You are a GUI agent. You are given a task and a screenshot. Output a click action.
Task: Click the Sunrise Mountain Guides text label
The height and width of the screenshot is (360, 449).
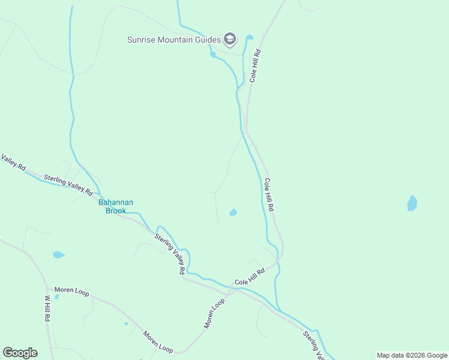point(173,40)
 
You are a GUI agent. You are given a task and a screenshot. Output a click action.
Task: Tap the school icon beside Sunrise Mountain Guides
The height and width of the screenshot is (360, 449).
point(229,40)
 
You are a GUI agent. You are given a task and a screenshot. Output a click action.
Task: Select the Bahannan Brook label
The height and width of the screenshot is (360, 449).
point(116,206)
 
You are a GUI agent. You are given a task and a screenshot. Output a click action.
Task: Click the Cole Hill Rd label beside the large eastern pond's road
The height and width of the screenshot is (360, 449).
point(269,194)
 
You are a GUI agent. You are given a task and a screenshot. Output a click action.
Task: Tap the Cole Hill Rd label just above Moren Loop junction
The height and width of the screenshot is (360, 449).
point(249,277)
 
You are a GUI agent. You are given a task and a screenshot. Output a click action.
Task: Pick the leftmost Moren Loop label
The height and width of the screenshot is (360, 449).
point(71,291)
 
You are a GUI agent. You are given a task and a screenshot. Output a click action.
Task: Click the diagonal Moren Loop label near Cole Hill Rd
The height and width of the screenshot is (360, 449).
point(214,313)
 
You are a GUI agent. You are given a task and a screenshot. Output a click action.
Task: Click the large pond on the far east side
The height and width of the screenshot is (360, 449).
point(412,203)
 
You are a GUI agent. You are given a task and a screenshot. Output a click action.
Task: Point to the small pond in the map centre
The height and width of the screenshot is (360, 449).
point(233,212)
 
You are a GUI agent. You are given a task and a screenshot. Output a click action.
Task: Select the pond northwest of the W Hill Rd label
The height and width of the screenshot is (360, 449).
point(58,254)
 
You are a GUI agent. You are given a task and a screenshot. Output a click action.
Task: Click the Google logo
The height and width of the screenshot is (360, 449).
point(20,353)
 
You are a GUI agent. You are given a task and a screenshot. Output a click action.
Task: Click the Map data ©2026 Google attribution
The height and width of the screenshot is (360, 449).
point(412,355)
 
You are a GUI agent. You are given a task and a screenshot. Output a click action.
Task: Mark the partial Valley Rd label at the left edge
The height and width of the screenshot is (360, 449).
point(12,162)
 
